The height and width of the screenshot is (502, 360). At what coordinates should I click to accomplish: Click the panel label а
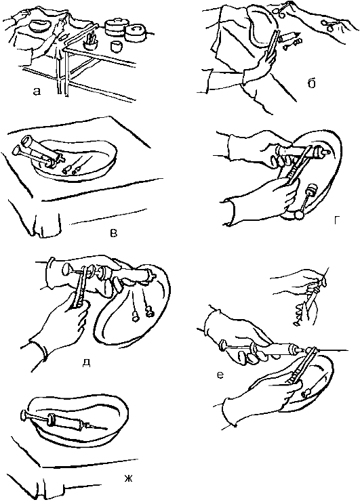click(x=37, y=92)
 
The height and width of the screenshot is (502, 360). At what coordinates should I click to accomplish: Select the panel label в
click(x=113, y=233)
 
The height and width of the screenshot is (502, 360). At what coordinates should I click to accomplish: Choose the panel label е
click(x=220, y=374)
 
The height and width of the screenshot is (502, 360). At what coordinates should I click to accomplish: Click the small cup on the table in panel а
click(x=117, y=45)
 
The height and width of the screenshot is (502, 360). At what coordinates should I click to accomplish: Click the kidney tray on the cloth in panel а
click(x=40, y=26)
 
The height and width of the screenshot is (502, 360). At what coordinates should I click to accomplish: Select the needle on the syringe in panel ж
click(x=96, y=426)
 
